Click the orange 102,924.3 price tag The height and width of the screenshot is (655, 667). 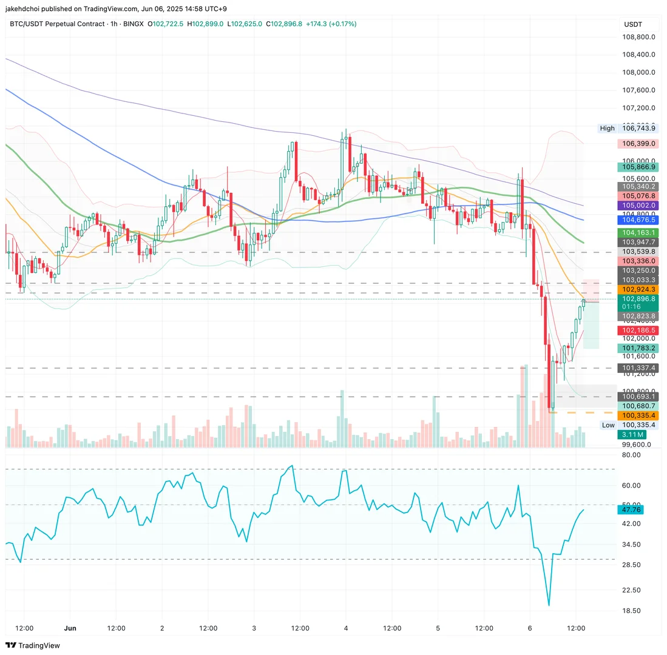click(637, 290)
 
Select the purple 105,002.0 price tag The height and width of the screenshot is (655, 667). click(637, 206)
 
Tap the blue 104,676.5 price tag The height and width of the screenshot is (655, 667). click(637, 220)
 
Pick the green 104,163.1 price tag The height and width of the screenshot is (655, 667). click(637, 233)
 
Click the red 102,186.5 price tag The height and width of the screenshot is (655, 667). click(637, 330)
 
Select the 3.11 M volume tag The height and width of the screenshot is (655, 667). click(631, 435)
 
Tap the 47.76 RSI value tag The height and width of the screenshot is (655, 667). click(631, 509)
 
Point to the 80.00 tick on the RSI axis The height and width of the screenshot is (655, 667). click(631, 455)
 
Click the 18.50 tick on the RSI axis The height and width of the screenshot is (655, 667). click(631, 611)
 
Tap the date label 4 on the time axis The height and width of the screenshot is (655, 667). click(346, 628)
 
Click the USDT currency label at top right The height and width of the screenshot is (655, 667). click(633, 24)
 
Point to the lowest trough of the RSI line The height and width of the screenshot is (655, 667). click(549, 605)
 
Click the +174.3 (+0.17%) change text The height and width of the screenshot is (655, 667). click(331, 24)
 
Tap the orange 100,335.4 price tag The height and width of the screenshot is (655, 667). click(637, 415)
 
